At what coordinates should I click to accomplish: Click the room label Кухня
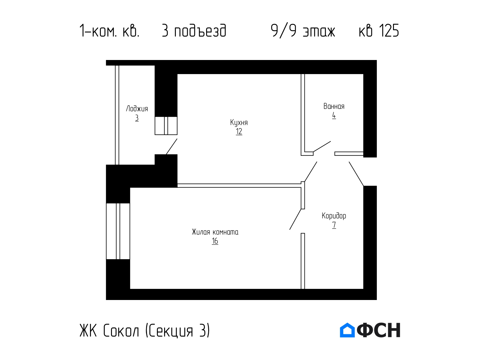(x=239, y=123)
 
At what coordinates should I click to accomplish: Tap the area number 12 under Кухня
(x=239, y=132)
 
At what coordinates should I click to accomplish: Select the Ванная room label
(x=334, y=106)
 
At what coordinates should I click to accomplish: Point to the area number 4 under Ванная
(x=334, y=115)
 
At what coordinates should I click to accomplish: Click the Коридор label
(x=334, y=216)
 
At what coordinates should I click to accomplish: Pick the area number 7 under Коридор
(x=334, y=225)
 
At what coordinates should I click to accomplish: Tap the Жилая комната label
(x=215, y=232)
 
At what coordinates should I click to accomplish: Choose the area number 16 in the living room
(x=215, y=241)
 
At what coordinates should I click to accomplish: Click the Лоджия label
(x=137, y=109)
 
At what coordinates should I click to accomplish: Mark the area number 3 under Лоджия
(x=137, y=118)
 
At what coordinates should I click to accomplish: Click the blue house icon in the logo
(x=347, y=330)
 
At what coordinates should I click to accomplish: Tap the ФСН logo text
(x=378, y=330)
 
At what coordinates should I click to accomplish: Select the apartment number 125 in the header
(x=389, y=31)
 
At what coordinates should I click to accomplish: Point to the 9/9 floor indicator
(x=284, y=31)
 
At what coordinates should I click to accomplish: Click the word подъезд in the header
(x=200, y=31)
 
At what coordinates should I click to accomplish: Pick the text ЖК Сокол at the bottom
(x=109, y=331)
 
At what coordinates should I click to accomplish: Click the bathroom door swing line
(x=322, y=146)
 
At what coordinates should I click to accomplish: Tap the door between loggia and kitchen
(x=171, y=146)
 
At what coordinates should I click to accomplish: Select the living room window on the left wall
(x=118, y=231)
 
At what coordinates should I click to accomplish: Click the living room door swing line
(x=295, y=219)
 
